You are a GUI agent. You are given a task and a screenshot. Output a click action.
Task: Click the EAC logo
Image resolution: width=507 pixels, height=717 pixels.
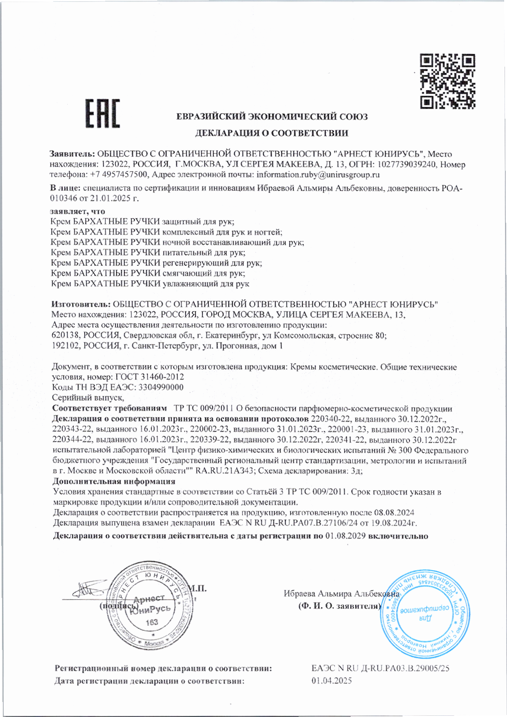point(102,113)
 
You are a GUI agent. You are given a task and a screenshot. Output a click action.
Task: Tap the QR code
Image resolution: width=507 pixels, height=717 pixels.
point(447,81)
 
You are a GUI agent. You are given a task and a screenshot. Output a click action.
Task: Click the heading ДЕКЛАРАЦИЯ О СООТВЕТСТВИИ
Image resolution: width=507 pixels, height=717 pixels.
point(272,133)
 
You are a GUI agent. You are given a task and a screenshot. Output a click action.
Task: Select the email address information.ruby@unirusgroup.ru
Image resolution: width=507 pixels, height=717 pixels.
point(318,175)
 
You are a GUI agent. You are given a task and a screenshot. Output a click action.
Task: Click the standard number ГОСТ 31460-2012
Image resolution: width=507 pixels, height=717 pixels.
point(150,377)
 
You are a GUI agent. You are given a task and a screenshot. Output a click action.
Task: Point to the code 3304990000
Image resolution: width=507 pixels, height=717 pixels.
point(161,387)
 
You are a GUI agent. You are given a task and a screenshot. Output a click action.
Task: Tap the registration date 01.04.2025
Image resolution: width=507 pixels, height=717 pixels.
point(331,680)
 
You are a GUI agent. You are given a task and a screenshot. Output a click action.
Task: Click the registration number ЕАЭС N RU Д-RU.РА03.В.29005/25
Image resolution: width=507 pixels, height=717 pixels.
point(380,668)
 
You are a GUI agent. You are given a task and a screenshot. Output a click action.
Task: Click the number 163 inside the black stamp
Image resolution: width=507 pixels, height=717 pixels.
point(152,622)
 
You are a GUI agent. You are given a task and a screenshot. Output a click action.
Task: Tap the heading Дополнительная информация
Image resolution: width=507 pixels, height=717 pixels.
point(114,482)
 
